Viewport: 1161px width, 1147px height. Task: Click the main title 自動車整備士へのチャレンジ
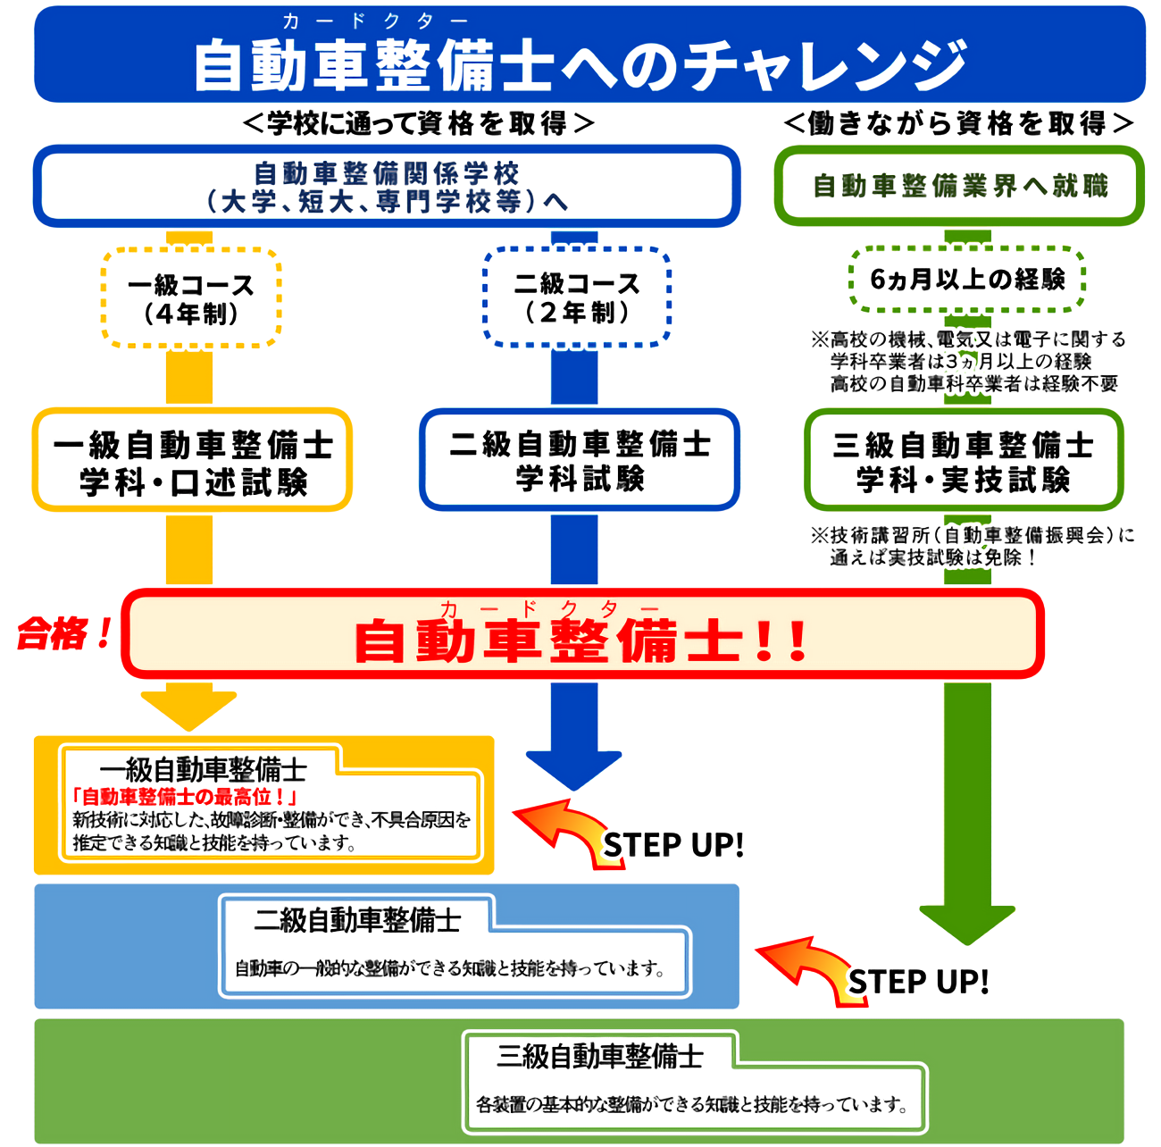pyautogui.click(x=580, y=64)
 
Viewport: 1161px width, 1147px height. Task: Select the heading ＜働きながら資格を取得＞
pyautogui.click(x=959, y=123)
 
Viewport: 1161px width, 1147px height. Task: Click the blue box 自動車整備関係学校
pyautogui.click(x=387, y=186)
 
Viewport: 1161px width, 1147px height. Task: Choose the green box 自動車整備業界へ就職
pyautogui.click(x=959, y=186)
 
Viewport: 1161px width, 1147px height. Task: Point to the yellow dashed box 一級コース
pyautogui.click(x=191, y=298)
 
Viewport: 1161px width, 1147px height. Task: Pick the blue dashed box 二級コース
pyautogui.click(x=577, y=297)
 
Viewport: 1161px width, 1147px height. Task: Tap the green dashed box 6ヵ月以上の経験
pyautogui.click(x=966, y=280)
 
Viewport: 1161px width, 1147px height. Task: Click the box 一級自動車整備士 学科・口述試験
pyautogui.click(x=192, y=461)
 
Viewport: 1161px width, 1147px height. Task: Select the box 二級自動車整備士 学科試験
pyautogui.click(x=580, y=460)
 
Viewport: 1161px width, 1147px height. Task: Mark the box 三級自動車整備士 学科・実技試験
pyautogui.click(x=964, y=461)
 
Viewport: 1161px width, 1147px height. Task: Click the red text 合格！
pyautogui.click(x=65, y=634)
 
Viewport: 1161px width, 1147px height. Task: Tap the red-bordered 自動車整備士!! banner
pyautogui.click(x=582, y=634)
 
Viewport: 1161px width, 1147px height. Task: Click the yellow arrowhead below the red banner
pyautogui.click(x=188, y=709)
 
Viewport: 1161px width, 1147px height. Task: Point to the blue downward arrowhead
pyautogui.click(x=573, y=768)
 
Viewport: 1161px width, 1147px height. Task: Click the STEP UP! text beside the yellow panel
pyautogui.click(x=673, y=845)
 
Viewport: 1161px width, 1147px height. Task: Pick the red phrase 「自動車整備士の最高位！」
pyautogui.click(x=185, y=797)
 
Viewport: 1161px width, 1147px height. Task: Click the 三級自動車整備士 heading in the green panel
pyautogui.click(x=600, y=1057)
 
